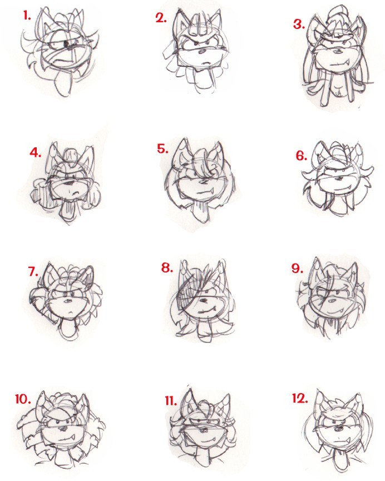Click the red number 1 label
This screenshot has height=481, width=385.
tap(27, 16)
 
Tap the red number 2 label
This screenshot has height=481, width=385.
tap(161, 19)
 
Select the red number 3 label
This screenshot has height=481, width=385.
tap(299, 24)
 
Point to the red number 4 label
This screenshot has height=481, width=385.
tap(36, 152)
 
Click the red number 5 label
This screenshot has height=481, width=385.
tap(162, 149)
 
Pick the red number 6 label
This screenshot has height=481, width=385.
tap(302, 156)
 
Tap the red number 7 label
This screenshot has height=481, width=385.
tap(33, 271)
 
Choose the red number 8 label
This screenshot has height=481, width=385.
tap(167, 268)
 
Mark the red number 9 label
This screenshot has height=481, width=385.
tap(298, 269)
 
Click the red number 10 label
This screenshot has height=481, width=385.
tap(23, 399)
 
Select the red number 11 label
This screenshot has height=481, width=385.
tap(171, 400)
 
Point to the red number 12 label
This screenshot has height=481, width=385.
tap(300, 399)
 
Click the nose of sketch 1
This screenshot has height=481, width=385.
tap(67, 44)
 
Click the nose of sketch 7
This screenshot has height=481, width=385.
tap(67, 300)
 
